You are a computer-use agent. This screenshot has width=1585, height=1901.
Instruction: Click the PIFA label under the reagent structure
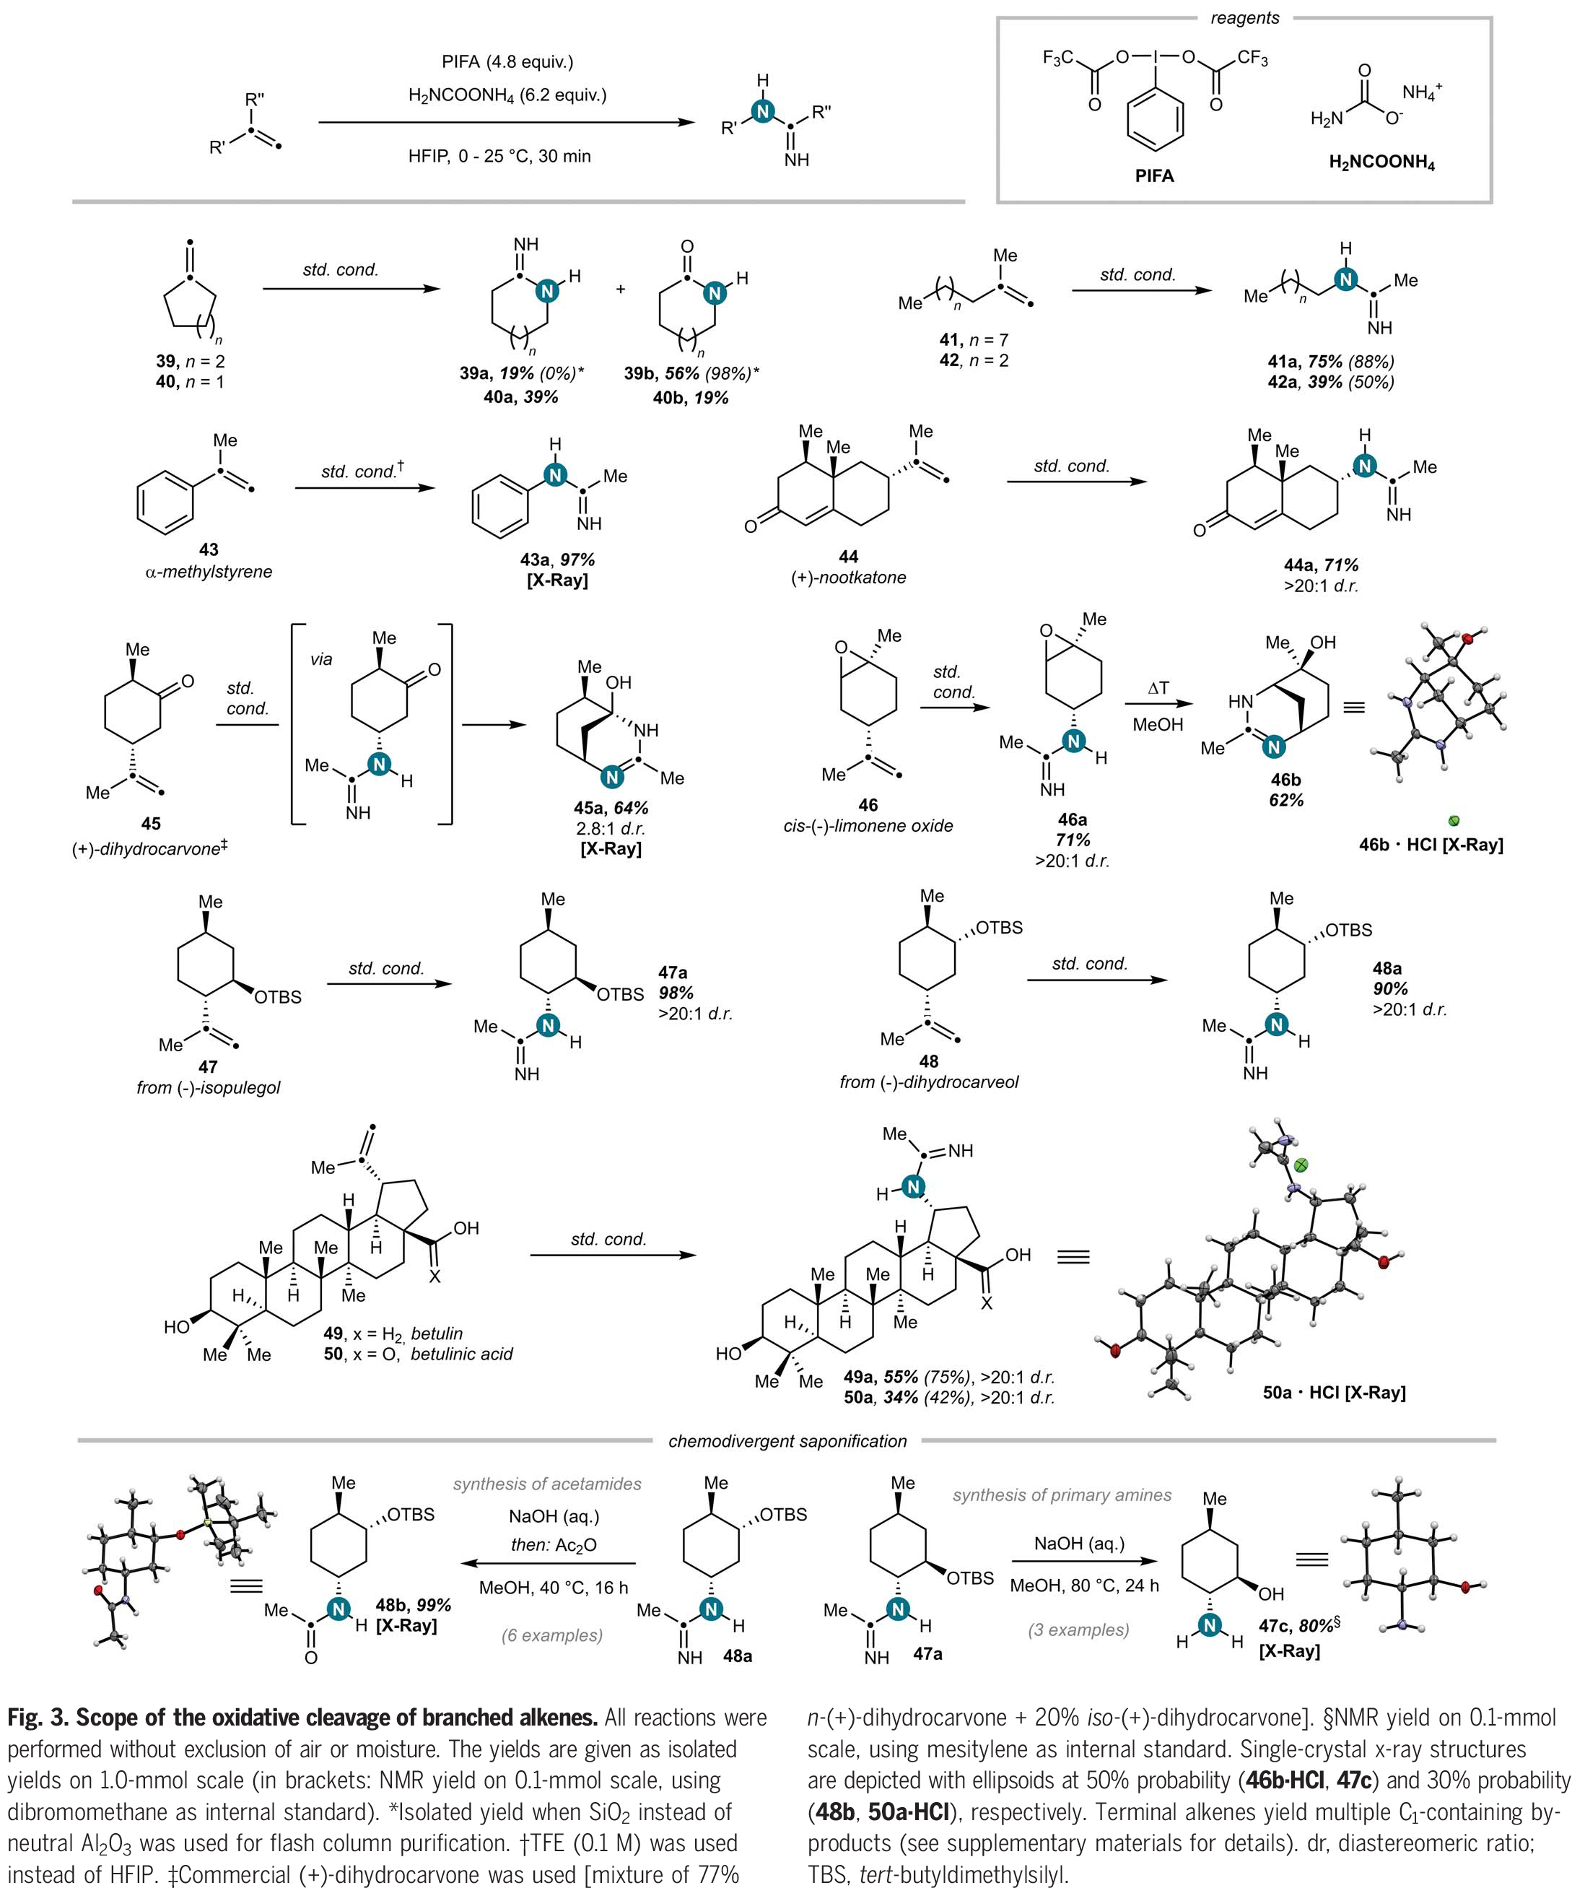point(1154,175)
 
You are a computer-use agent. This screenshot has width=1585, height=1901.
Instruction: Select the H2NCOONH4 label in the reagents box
point(1381,163)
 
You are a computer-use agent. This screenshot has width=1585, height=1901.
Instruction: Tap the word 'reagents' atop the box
point(1244,17)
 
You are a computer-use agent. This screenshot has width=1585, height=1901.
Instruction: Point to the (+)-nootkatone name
point(848,578)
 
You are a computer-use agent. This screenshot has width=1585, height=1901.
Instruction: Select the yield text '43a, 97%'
point(556,560)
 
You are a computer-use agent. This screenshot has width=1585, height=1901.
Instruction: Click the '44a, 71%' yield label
point(1321,565)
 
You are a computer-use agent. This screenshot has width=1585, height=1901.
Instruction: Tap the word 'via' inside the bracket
point(321,659)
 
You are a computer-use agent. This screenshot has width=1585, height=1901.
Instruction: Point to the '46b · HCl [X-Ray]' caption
point(1431,845)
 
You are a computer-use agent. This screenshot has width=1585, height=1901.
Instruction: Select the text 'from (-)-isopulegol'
point(208,1087)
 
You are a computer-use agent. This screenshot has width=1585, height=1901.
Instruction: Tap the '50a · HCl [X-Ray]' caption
point(1335,1392)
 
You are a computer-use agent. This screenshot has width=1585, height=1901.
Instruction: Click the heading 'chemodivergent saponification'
point(787,1441)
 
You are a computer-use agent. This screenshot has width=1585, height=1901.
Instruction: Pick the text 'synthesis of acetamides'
point(547,1484)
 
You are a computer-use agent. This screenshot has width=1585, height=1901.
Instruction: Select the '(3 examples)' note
point(1078,1630)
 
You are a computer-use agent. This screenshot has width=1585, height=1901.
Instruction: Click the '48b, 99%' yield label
point(413,1605)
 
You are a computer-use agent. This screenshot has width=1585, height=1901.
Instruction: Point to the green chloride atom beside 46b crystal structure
point(1454,822)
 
